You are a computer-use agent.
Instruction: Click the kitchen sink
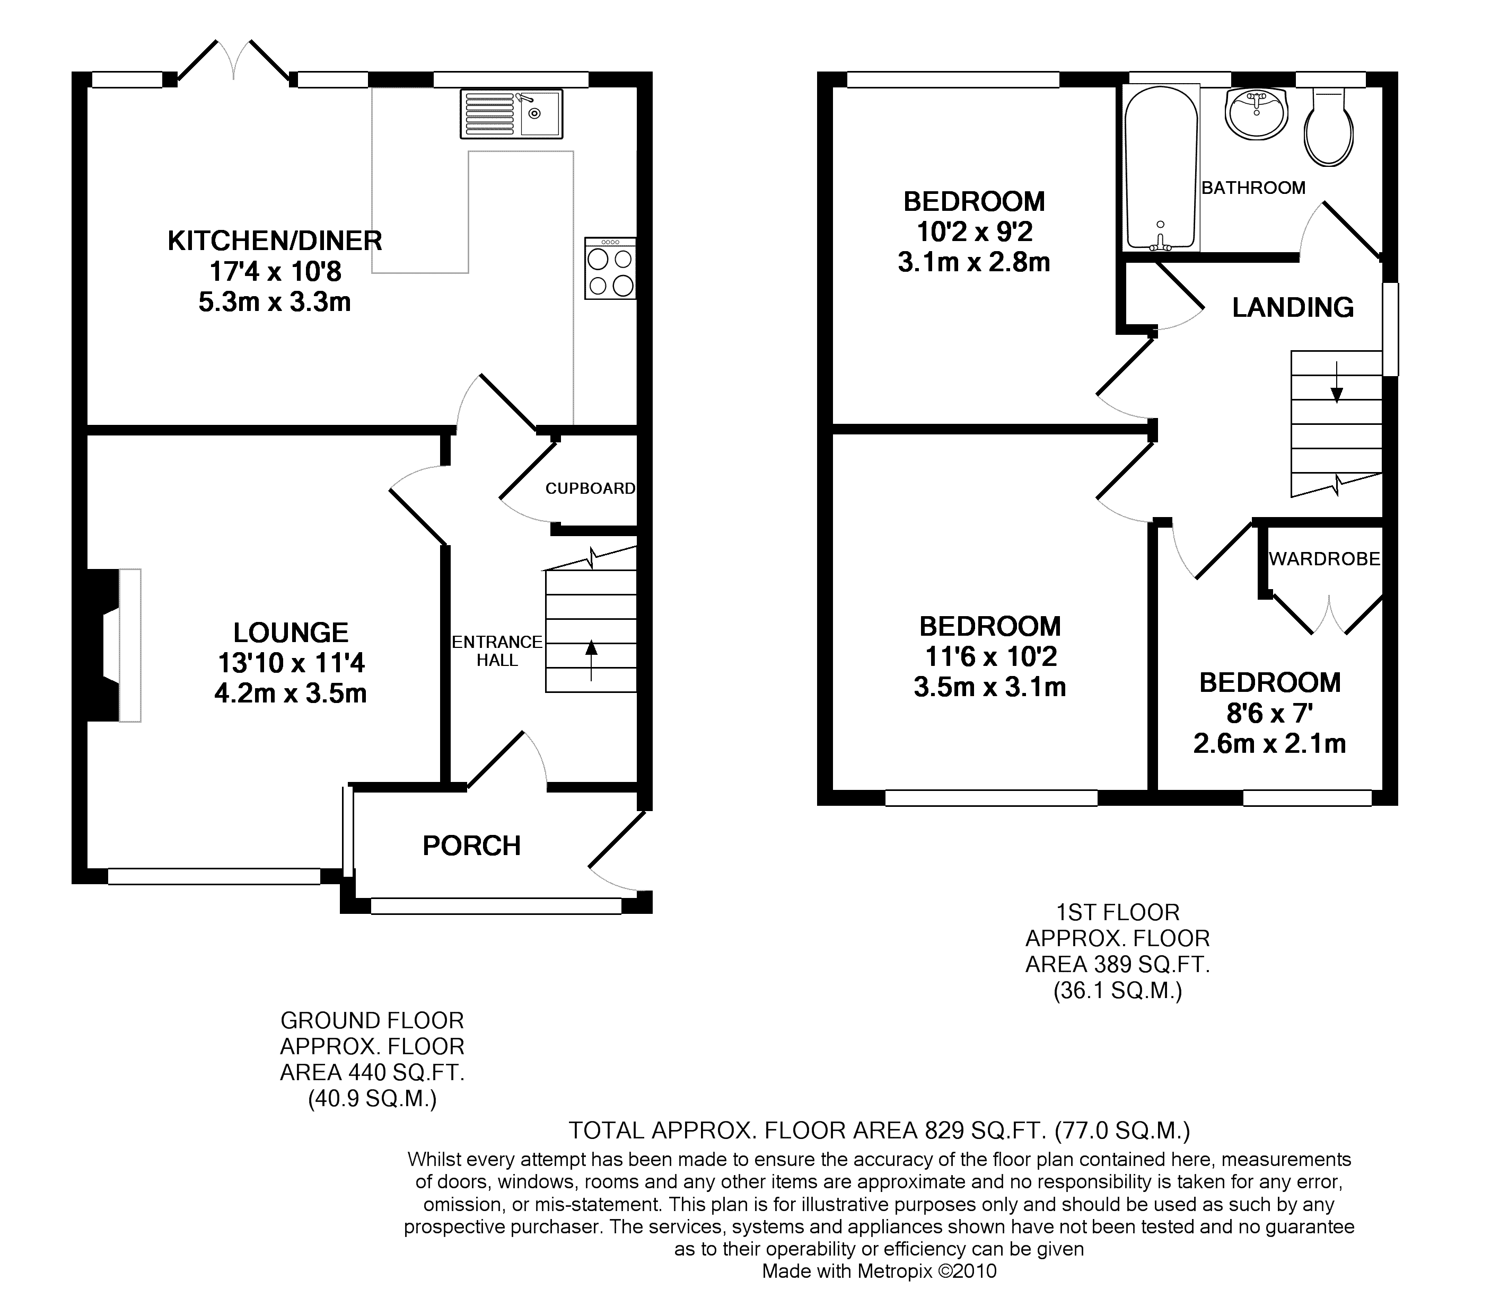click(511, 114)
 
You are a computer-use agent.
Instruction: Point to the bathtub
click(1161, 168)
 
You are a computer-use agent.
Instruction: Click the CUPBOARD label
click(590, 489)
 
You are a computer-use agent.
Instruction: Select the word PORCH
click(472, 846)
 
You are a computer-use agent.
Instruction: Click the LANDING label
click(1293, 307)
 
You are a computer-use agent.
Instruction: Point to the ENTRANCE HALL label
click(497, 651)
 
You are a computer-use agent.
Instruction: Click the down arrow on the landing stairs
click(1337, 381)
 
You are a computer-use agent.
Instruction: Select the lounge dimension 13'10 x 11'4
click(291, 663)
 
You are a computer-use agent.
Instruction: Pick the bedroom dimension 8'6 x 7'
click(1270, 714)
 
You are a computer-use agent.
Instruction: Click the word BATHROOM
click(1253, 188)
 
